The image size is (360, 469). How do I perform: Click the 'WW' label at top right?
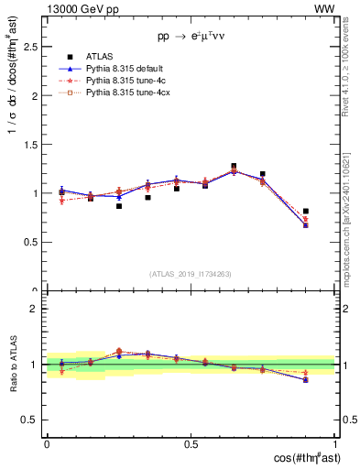(x=325, y=8)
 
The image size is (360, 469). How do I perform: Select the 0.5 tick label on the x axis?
(x=191, y=444)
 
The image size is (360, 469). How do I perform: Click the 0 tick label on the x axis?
(x=47, y=444)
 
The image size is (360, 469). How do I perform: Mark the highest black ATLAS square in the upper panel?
(x=234, y=167)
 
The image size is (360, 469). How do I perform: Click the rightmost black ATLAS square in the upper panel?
(x=306, y=212)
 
